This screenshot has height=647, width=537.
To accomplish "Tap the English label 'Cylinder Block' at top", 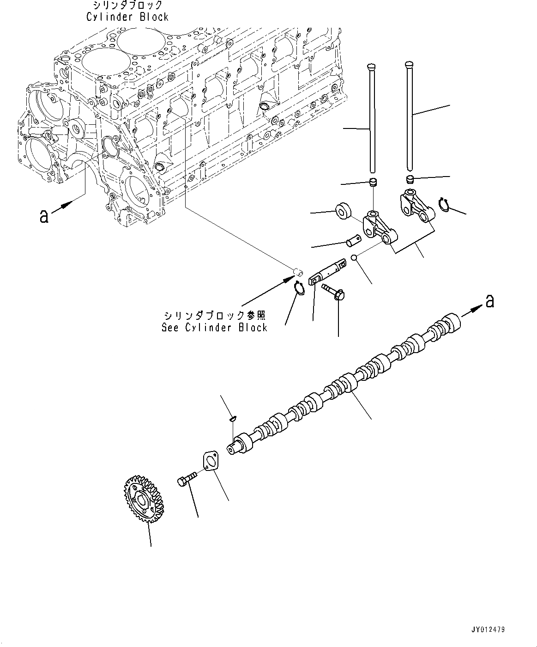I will tap(127, 17).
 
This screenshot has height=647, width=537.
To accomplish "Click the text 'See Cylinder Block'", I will tap(214, 328).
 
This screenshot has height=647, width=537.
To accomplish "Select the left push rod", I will tap(372, 120).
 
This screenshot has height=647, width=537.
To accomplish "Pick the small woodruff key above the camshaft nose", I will tap(233, 419).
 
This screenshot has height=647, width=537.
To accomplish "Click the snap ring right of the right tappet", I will tap(444, 205).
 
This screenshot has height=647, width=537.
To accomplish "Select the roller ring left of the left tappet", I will tap(342, 210).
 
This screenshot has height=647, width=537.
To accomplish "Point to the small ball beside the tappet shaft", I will tap(353, 258).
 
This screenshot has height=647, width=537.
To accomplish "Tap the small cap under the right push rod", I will tap(410, 179).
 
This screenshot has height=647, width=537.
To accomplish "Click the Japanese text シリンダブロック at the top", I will tap(127, 5).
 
